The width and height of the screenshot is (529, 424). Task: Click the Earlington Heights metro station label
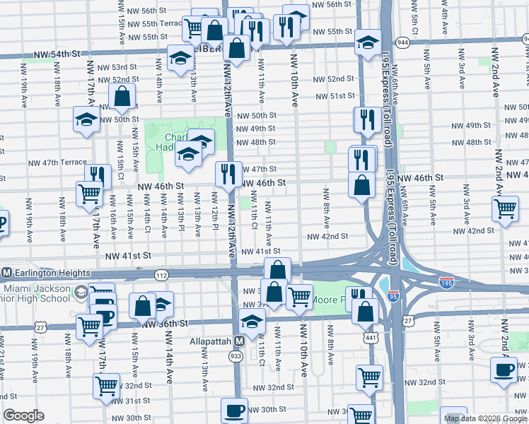coord(51,273)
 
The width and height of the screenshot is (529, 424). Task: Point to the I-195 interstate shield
coord(446,282)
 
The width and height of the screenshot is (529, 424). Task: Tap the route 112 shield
coord(162,275)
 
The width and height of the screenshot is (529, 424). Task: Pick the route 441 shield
coord(371,338)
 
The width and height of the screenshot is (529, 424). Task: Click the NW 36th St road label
coord(164,323)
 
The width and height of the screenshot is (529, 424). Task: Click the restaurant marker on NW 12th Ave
coord(227,173)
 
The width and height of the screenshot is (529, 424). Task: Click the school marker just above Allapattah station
coord(251,321)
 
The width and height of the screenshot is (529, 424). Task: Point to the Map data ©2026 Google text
coord(485,418)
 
